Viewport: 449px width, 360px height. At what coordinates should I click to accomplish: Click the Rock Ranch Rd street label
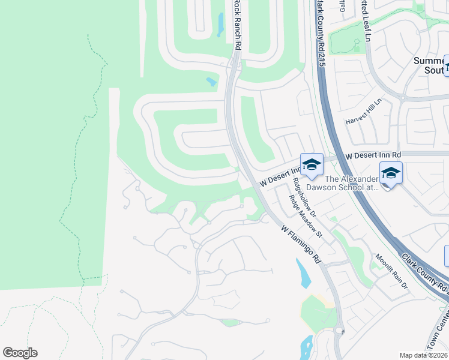[238, 25]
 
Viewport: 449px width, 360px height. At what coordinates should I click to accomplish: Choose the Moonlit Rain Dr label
[391, 272]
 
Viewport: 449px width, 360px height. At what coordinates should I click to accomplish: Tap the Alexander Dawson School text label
[351, 183]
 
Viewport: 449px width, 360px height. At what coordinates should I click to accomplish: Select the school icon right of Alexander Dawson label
[391, 173]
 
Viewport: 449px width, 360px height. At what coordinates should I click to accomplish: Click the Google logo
[20, 353]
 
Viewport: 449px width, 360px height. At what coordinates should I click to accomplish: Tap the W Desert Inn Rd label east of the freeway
[372, 155]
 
